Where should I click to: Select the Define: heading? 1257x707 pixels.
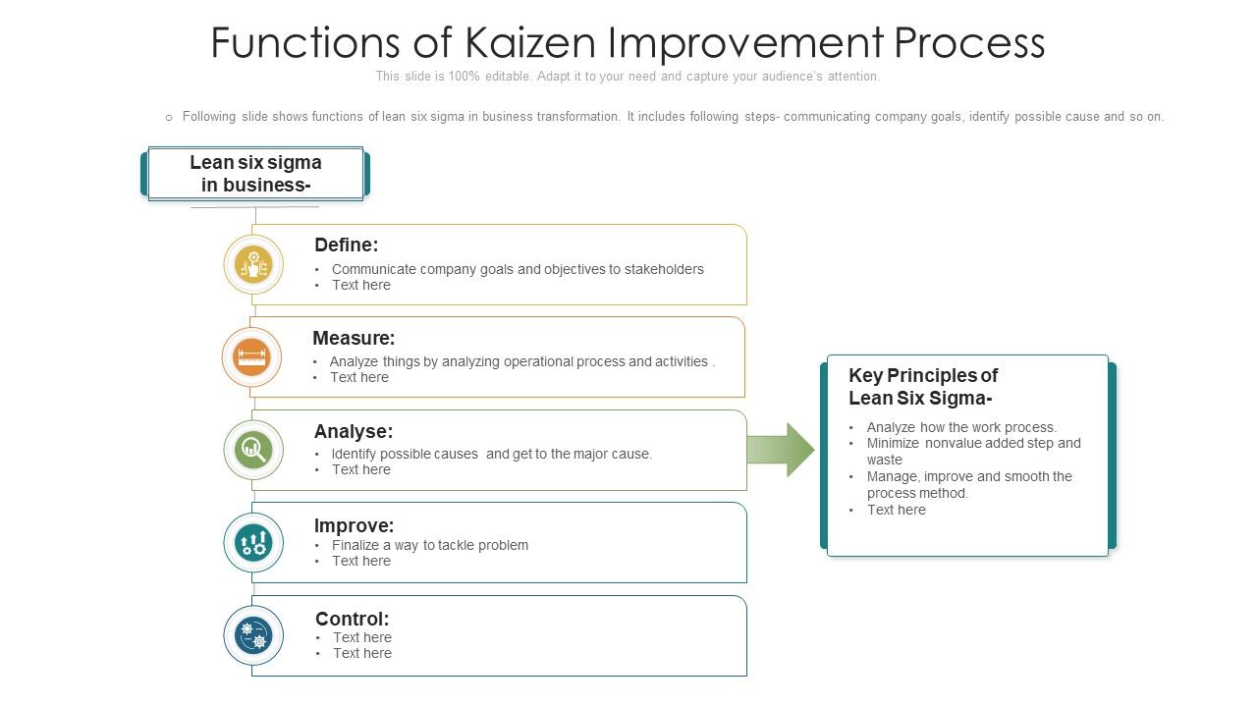346,245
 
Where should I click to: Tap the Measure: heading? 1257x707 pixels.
354,338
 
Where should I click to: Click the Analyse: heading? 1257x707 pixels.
353,431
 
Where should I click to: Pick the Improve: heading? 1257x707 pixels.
354,525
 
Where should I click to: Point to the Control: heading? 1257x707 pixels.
352,619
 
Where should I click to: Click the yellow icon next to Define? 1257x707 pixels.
253,264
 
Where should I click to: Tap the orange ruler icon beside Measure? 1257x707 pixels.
251,357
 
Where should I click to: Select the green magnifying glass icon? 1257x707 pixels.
253,450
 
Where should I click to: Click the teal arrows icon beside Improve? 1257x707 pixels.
253,542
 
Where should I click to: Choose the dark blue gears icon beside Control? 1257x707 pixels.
253,635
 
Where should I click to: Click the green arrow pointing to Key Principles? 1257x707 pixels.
780,450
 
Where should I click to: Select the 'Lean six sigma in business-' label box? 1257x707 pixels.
255,174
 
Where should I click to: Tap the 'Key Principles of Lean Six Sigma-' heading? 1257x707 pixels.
922,386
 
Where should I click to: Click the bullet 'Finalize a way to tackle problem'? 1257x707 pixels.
429,545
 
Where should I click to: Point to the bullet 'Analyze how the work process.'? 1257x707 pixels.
960,427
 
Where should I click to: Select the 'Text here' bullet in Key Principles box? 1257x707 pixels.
896,510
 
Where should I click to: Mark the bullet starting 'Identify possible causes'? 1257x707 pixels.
491,454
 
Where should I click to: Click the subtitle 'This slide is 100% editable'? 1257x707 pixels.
628,77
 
